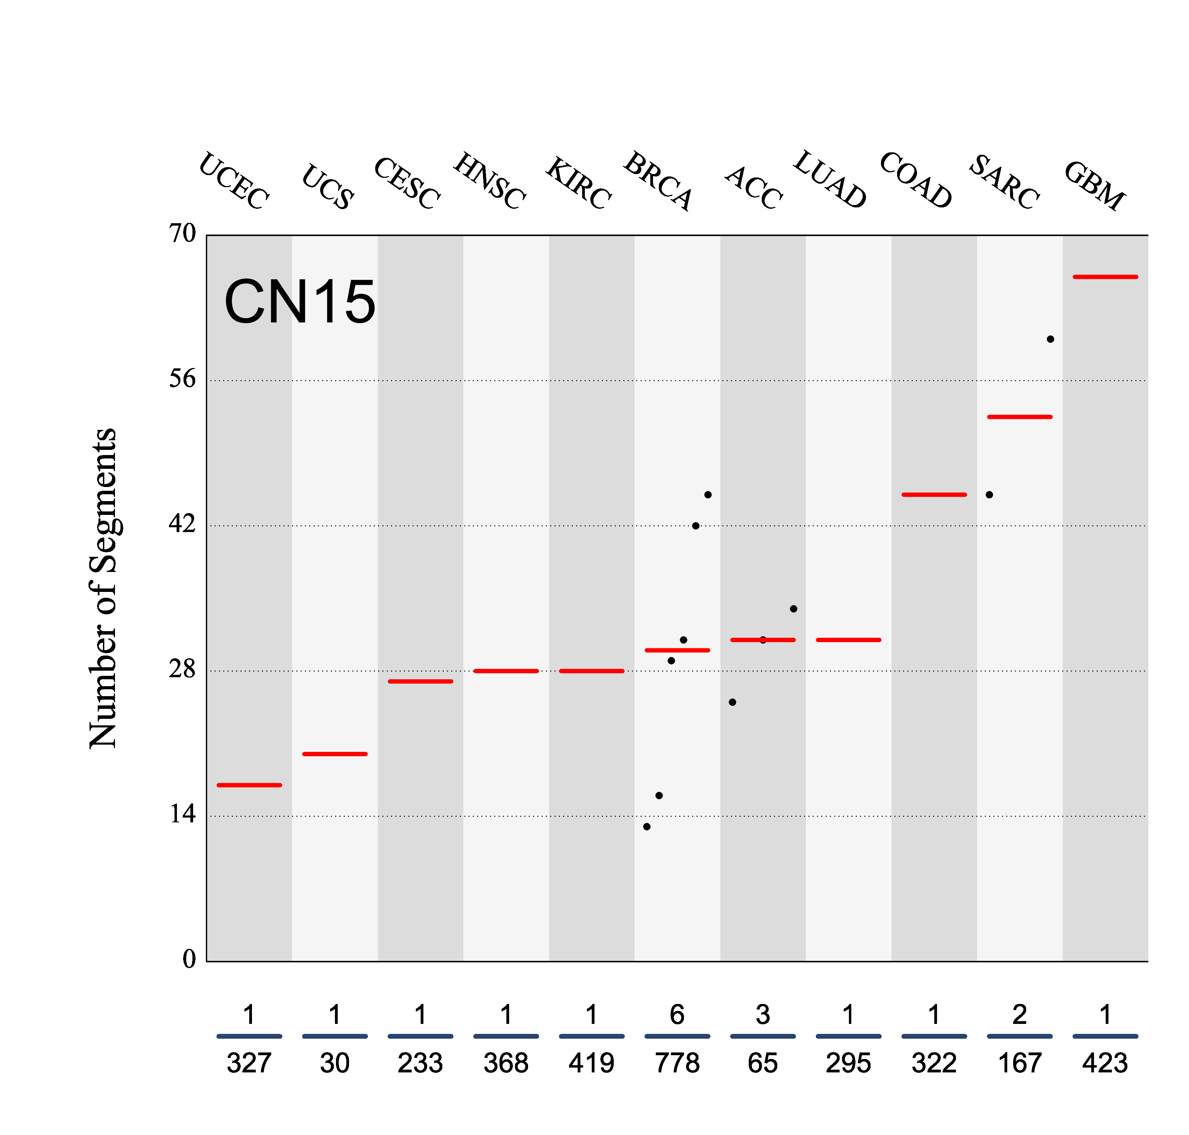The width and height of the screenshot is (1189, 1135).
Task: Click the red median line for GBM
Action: (x=1105, y=277)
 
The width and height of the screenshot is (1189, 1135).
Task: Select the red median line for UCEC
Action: (x=249, y=785)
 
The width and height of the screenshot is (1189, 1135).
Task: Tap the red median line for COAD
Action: (x=934, y=495)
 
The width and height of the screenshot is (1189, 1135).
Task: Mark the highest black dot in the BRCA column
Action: (x=708, y=495)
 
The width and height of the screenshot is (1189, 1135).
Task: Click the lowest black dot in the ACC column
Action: (x=733, y=702)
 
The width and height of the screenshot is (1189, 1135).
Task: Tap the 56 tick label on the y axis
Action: (x=182, y=379)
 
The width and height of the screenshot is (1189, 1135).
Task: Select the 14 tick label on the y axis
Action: (x=182, y=814)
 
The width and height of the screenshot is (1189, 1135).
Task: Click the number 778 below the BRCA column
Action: (x=677, y=1063)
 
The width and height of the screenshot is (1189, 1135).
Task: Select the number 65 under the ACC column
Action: (x=763, y=1063)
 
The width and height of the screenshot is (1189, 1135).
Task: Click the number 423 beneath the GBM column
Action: (x=1105, y=1063)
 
